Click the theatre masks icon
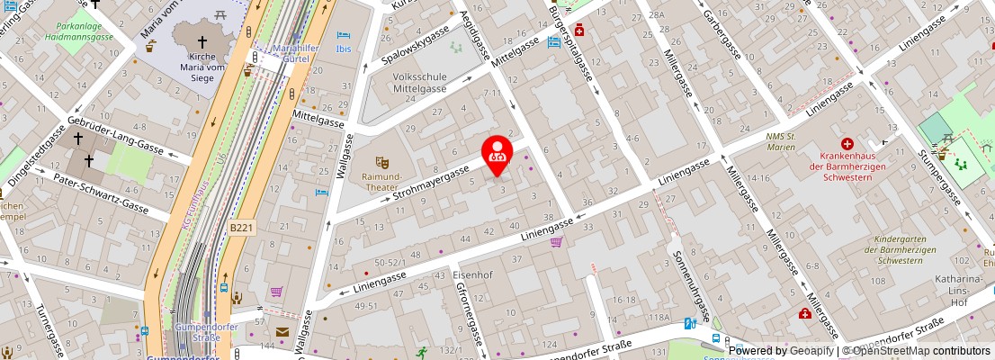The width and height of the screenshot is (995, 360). tap(382, 162)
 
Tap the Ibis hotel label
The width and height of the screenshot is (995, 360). tap(344, 49)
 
